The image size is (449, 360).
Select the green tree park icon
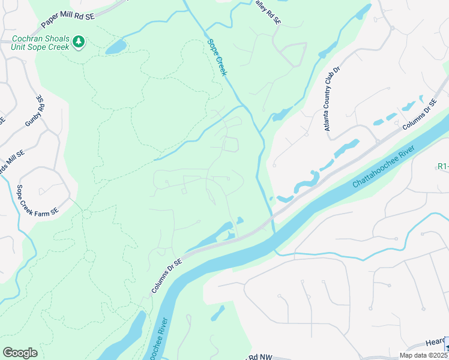pos(79,41)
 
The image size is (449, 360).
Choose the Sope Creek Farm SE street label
pos(37,200)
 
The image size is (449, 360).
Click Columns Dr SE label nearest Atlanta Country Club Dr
pos(418,114)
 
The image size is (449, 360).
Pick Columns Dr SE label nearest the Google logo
pos(167,274)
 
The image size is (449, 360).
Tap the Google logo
pos(20,353)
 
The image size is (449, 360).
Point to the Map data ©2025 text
pos(423,355)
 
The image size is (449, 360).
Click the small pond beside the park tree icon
pos(116,47)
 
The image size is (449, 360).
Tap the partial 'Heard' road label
pos(435,342)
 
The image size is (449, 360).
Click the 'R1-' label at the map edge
pos(442,166)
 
